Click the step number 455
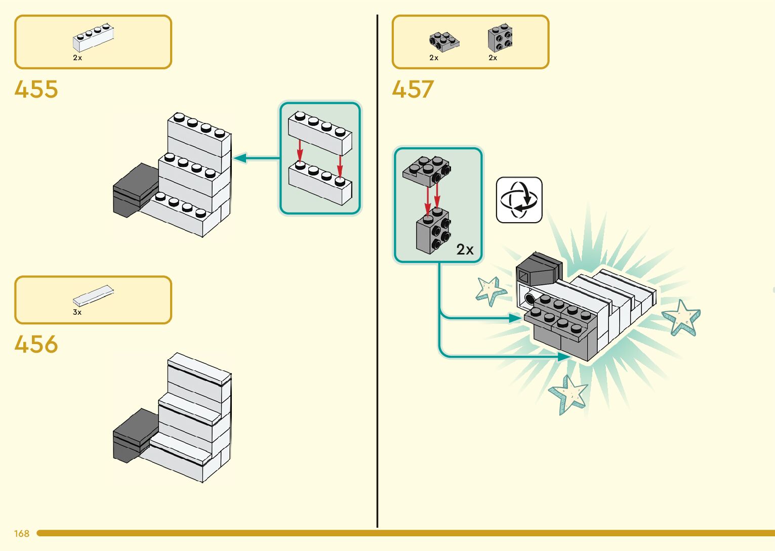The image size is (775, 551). [x=36, y=89]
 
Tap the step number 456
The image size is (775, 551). [x=36, y=344]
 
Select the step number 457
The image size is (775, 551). [x=413, y=89]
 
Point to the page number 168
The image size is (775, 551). [x=21, y=533]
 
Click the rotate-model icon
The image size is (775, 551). [x=519, y=200]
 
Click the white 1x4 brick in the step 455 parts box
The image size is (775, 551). [x=94, y=37]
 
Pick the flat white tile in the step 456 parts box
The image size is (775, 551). [x=93, y=295]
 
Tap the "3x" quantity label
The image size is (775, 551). [x=77, y=312]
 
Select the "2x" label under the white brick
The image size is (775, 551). [x=77, y=58]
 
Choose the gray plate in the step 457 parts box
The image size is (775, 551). [x=444, y=42]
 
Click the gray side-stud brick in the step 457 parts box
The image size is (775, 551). [x=500, y=38]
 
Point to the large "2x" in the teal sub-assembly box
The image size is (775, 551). [x=465, y=249]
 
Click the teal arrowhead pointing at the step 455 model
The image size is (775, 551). [x=239, y=158]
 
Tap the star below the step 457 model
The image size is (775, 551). [x=569, y=394]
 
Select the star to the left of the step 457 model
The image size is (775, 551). [x=491, y=290]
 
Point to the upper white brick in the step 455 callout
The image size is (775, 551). [x=320, y=133]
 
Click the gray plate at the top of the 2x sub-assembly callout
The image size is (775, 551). [x=427, y=171]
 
